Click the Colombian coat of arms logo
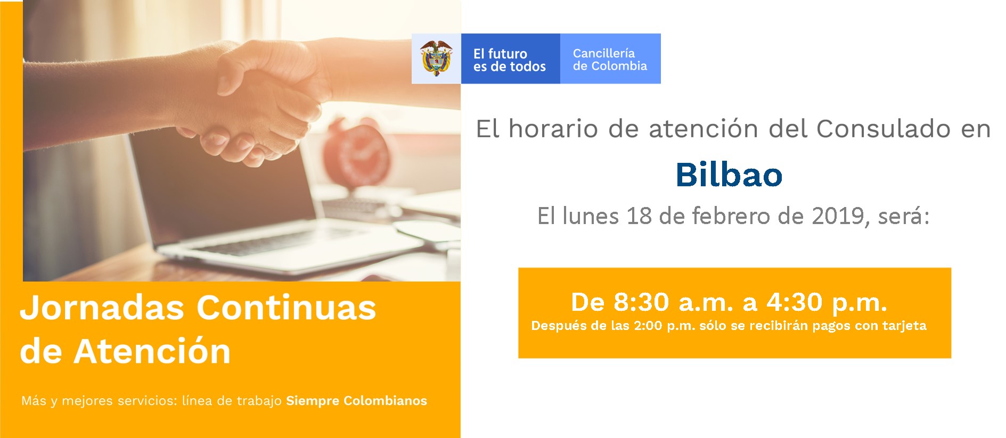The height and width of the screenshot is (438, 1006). coord(436,59)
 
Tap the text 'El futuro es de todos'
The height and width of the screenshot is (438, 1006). coord(509,60)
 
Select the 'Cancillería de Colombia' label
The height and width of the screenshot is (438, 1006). coord(610,60)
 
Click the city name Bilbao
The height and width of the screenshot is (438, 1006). coord(729,174)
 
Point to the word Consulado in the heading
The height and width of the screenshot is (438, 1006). coord(884,129)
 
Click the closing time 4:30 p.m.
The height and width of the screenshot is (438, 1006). coord(827,302)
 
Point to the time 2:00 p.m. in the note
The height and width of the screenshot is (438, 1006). coord(664,326)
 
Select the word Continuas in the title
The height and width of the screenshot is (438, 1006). coord(286,308)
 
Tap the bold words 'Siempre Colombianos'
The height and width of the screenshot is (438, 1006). coord(356,401)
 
